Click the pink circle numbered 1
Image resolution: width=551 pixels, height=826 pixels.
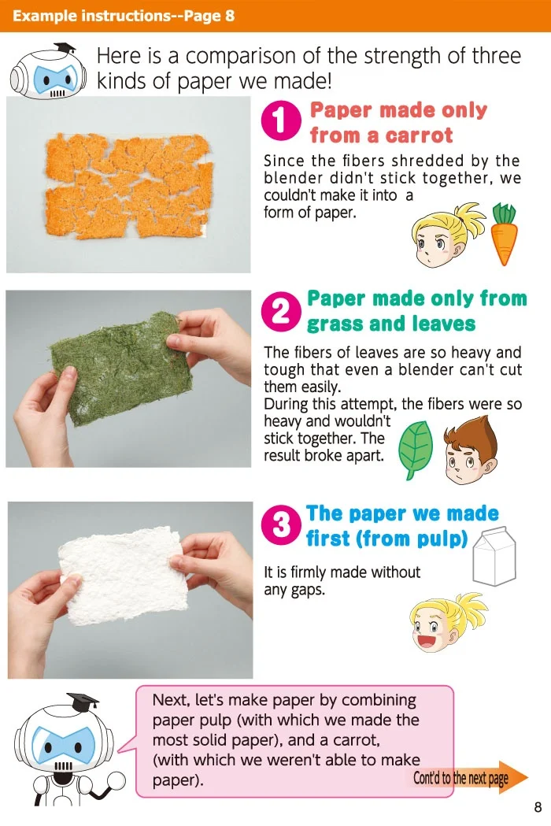point(280,121)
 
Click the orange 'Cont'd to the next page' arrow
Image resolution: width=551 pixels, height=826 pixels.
point(469,778)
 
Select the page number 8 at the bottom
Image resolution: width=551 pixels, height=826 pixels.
point(538,807)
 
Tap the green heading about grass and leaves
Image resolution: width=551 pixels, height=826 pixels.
point(416,311)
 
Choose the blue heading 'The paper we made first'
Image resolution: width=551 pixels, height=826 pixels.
point(401,526)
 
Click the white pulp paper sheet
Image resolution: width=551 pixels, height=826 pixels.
point(126,573)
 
